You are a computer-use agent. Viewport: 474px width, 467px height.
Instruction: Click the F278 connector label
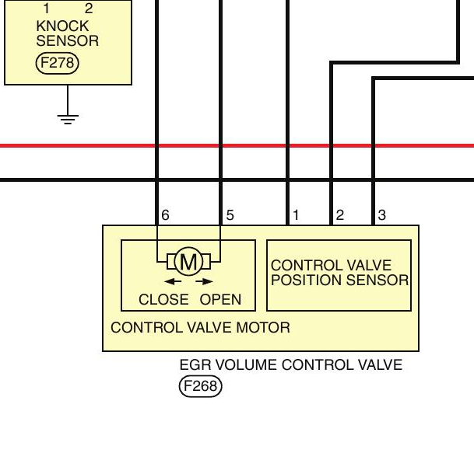[x=57, y=63]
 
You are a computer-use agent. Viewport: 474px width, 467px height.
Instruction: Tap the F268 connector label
[x=201, y=386]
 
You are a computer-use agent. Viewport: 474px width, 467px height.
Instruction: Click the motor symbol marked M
[x=188, y=261]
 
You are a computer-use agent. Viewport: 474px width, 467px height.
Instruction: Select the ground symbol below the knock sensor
[x=68, y=120]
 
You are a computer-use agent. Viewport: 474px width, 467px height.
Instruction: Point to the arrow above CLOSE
[x=173, y=281]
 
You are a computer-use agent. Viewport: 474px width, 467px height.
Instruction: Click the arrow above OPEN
[x=205, y=281]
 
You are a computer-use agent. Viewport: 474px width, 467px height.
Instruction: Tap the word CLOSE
[x=163, y=299]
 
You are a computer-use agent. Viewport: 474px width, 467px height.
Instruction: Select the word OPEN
[x=220, y=299]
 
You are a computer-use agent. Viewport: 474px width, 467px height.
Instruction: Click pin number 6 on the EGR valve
[x=165, y=215]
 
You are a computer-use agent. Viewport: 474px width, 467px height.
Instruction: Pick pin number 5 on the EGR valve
[x=230, y=215]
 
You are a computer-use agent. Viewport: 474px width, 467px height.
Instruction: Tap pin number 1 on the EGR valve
[x=296, y=215]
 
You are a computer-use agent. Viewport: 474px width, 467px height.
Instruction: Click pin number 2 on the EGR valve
[x=340, y=215]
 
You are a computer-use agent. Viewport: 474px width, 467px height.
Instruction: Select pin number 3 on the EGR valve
[x=382, y=215]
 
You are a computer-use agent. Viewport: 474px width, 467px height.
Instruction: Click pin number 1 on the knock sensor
[x=46, y=9]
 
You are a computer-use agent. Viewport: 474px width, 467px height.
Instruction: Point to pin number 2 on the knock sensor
[x=89, y=9]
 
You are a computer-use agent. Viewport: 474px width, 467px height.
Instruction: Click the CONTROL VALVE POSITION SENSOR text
[x=340, y=273]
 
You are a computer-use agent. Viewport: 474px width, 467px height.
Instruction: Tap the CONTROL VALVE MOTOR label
[x=200, y=328]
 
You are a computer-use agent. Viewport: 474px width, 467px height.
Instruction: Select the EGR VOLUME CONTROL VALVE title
[x=291, y=364]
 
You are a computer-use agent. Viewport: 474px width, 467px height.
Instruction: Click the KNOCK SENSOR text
[x=68, y=33]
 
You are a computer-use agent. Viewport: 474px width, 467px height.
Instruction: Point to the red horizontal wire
[x=237, y=146]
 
